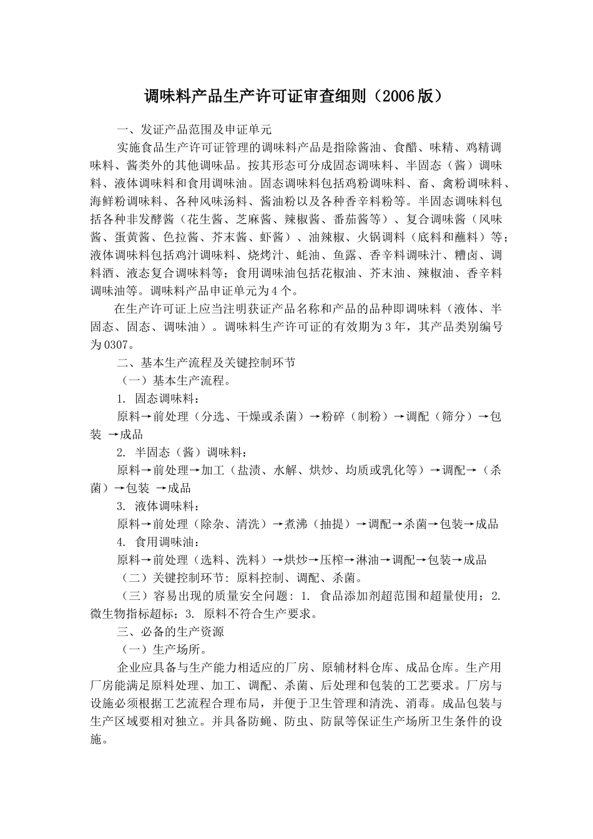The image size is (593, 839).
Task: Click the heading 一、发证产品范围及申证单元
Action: pos(194,130)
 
